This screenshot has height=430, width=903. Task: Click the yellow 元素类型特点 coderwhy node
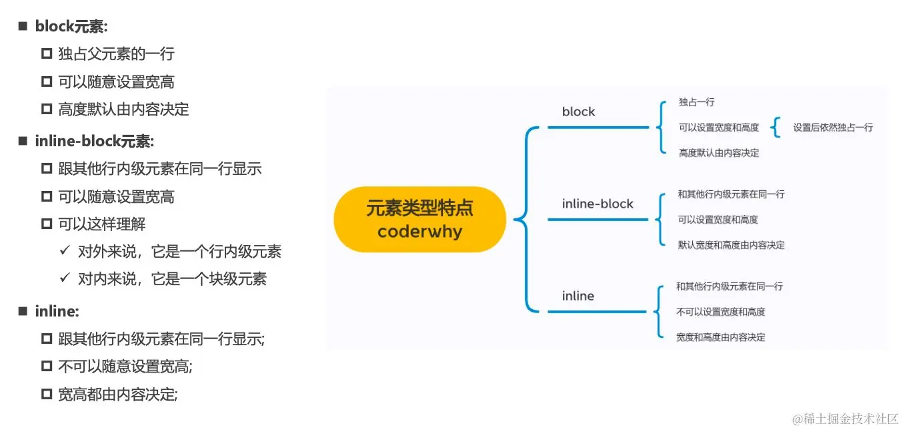(419, 220)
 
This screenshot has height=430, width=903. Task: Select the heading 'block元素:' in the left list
(71, 27)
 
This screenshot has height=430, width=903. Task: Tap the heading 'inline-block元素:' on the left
(95, 142)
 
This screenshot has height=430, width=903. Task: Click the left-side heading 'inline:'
(57, 311)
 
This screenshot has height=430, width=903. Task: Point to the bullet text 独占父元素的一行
(116, 54)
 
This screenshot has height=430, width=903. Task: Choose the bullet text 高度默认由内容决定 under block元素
(123, 110)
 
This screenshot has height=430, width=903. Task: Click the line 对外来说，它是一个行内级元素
(179, 251)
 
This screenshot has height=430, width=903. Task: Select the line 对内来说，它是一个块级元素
(172, 278)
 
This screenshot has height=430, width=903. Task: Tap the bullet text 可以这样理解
(101, 224)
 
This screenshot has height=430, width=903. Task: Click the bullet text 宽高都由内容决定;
(118, 395)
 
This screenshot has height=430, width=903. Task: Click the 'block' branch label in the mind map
(578, 112)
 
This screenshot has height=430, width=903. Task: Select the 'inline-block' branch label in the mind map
(598, 204)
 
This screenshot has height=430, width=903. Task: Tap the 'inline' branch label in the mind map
(578, 296)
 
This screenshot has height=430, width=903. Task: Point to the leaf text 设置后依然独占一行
(833, 128)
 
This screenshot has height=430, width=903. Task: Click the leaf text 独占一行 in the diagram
(697, 102)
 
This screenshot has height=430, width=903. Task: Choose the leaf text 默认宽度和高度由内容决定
(731, 245)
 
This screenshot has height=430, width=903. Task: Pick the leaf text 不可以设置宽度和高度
(720, 312)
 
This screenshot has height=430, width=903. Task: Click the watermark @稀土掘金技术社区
(845, 419)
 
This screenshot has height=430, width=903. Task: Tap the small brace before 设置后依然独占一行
(776, 127)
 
